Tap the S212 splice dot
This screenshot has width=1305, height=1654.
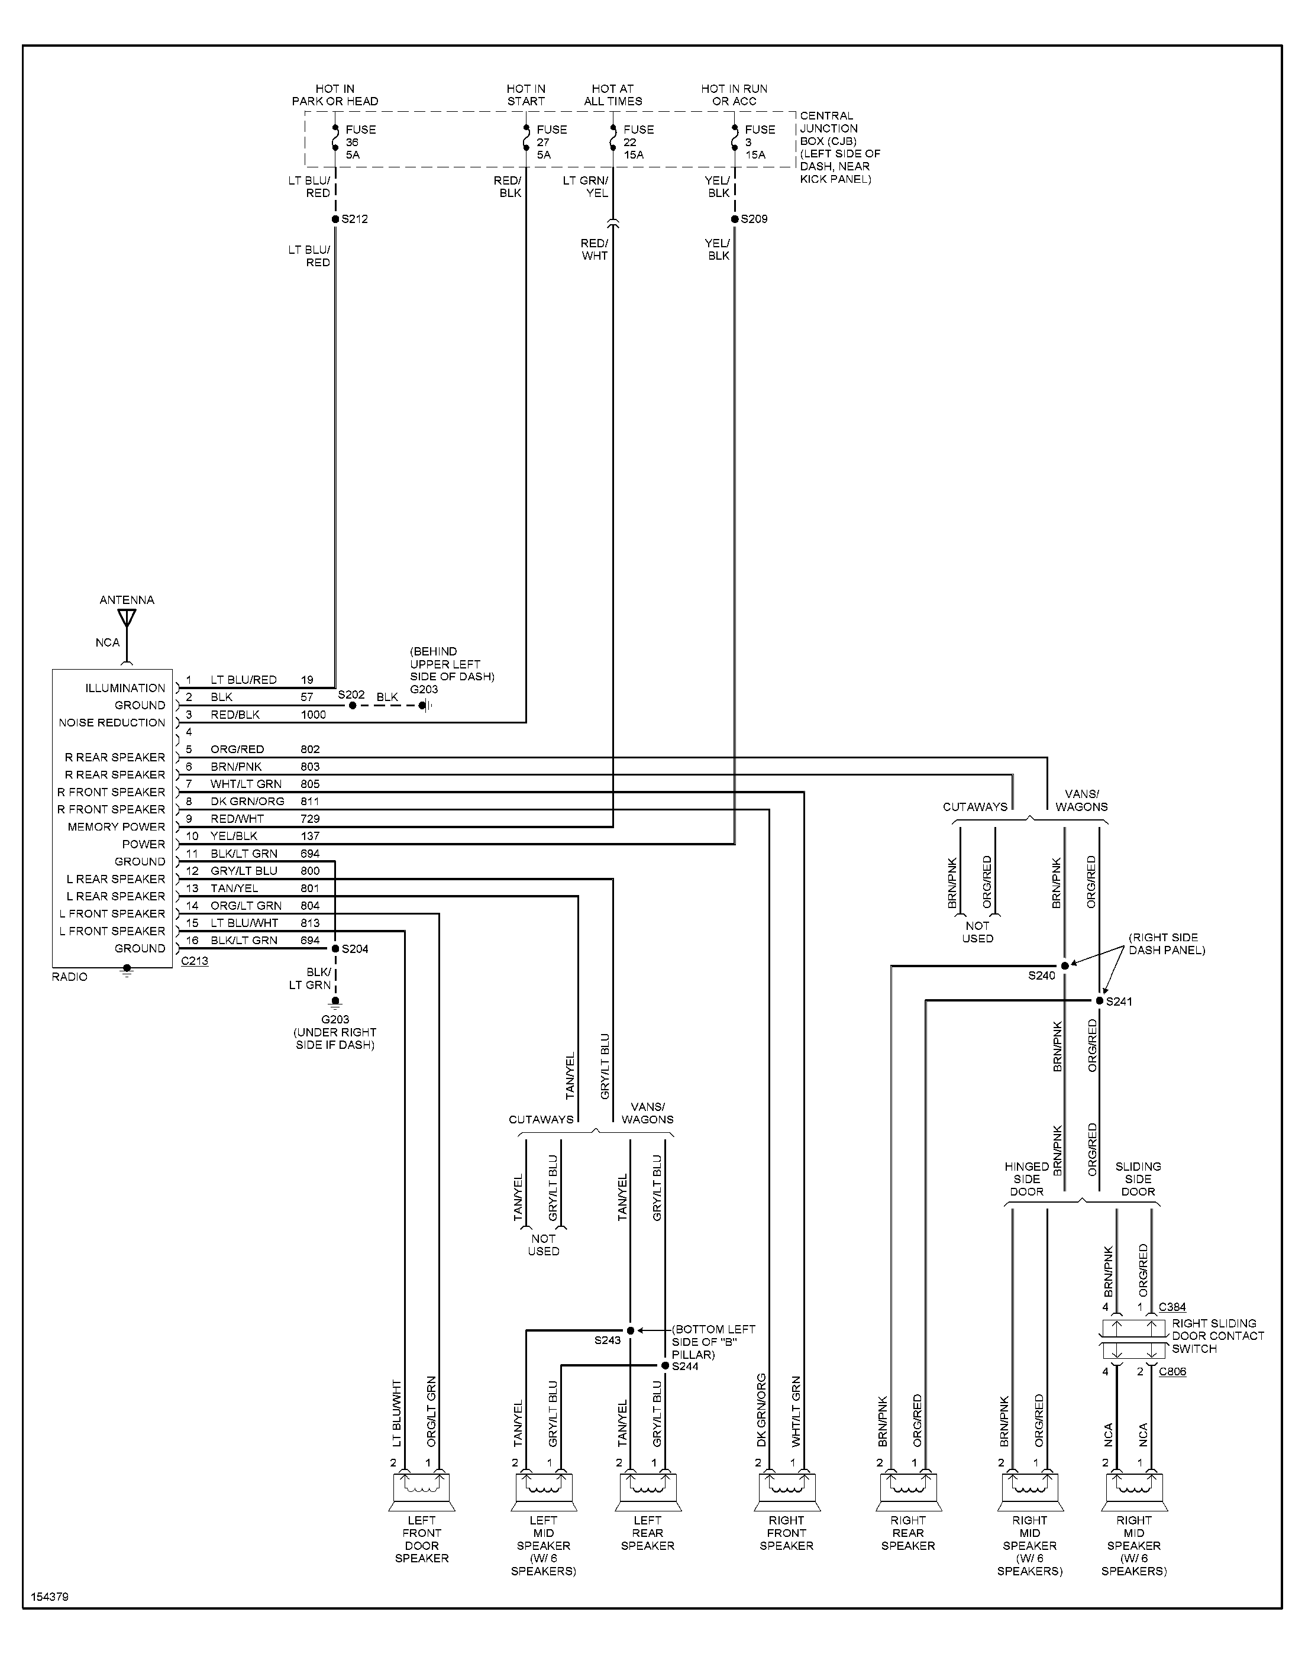click(x=335, y=219)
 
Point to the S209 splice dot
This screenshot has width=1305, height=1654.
click(x=735, y=219)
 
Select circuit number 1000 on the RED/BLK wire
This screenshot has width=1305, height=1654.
click(x=314, y=715)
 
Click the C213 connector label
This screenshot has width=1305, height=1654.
click(x=194, y=961)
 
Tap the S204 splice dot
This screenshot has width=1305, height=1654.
click(x=335, y=949)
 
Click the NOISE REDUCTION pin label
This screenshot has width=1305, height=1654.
click(x=112, y=723)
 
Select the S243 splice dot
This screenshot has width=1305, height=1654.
click(x=631, y=1331)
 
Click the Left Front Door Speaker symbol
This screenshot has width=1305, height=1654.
click(x=422, y=1491)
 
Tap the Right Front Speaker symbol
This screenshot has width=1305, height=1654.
click(x=787, y=1491)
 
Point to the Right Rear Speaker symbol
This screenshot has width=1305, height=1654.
click(x=909, y=1491)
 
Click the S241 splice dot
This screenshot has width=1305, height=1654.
click(x=1100, y=1001)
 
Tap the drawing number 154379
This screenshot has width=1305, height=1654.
click(x=50, y=1597)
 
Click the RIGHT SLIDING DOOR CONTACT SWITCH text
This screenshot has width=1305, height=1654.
click(x=1217, y=1336)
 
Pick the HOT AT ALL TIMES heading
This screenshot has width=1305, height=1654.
click(x=613, y=95)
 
